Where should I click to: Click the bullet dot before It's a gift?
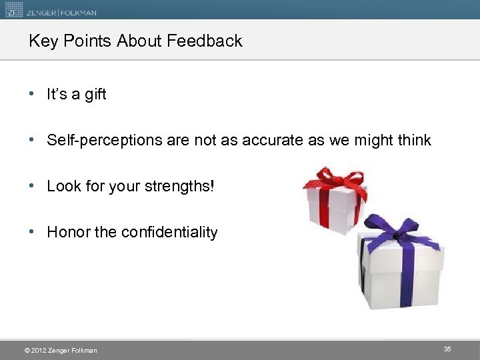(32, 95)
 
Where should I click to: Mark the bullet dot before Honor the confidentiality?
(32, 233)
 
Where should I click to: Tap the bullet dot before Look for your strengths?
(32, 187)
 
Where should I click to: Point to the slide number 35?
(447, 349)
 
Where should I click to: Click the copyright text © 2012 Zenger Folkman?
(60, 351)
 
